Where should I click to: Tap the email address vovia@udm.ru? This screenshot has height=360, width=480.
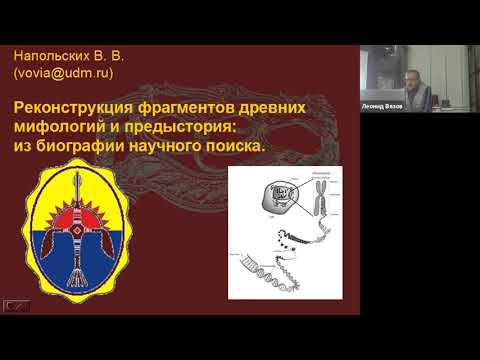tap(62, 73)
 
